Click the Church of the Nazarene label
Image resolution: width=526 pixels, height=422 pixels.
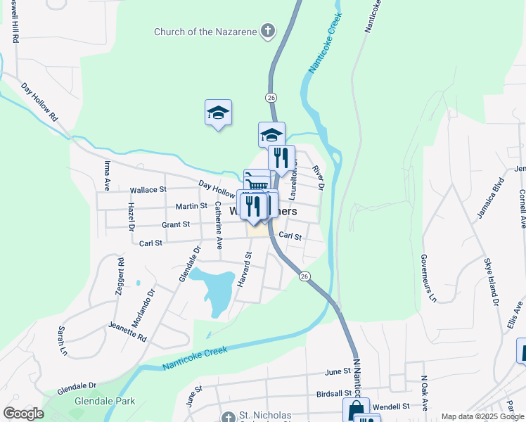[205, 32]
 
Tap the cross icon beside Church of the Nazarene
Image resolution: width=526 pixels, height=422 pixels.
[267, 31]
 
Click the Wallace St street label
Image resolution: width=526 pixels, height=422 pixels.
[148, 190]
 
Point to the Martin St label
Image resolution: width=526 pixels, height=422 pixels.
[191, 206]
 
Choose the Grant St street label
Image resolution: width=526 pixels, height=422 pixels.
[176, 224]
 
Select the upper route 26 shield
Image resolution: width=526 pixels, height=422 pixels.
[271, 96]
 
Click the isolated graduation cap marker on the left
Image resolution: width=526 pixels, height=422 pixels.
[218, 113]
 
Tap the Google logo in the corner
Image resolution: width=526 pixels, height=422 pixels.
[23, 414]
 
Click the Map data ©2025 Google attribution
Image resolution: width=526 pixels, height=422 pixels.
[482, 417]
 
